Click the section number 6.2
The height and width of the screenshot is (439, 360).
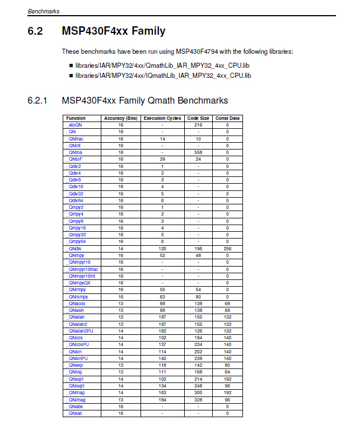point(35,31)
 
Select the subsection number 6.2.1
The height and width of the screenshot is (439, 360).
point(38,101)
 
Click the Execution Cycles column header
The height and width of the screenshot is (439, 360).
point(162,118)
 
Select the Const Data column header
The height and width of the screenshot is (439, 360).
point(227,118)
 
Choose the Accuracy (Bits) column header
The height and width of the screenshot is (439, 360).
point(120,118)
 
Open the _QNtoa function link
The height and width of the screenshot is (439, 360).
point(75,152)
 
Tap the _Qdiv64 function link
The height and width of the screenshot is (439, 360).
point(76,200)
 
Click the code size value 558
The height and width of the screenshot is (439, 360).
point(198,152)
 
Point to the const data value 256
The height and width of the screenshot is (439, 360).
point(227,248)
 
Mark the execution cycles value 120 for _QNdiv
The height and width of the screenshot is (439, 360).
point(162,248)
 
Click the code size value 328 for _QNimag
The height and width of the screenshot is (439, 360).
point(198,399)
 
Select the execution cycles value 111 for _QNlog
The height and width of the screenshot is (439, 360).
point(162,372)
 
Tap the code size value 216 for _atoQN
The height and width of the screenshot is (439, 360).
point(198,125)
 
